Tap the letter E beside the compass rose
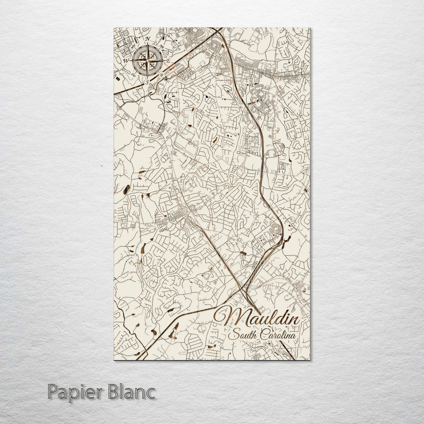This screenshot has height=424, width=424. click(168, 62)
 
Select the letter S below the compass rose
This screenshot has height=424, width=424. click(147, 83)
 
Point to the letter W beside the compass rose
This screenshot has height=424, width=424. click(126, 61)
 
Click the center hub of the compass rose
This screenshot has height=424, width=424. click(148, 61)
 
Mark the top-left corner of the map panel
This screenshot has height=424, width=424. click(114, 28)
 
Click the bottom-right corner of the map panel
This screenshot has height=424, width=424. click(309, 360)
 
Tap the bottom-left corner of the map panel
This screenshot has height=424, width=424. click(114, 360)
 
